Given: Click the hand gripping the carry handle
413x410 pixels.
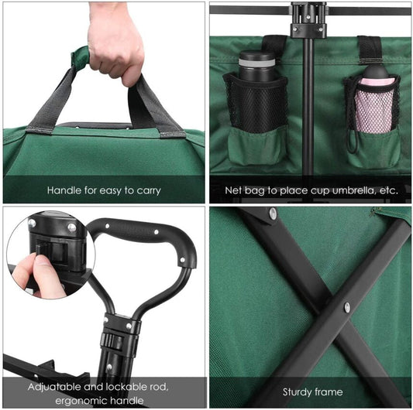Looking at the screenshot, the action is point(116,42).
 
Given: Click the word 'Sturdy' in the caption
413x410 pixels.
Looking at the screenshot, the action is point(297,392).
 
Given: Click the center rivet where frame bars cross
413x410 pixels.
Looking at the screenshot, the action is point(347,307).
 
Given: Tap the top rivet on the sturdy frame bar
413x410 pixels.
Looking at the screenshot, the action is point(274,213).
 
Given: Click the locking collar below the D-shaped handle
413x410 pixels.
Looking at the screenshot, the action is point(119,340).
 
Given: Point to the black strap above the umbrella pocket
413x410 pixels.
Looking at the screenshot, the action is point(370,50).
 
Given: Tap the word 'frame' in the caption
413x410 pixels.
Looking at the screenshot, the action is point(329,392).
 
